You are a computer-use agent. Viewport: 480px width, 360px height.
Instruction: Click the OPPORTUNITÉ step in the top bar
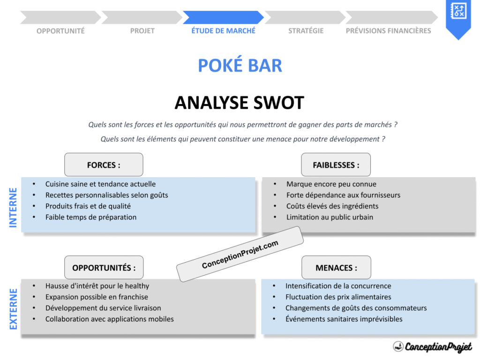coord(60,31)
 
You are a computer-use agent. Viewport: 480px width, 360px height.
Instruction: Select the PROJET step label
coord(142,31)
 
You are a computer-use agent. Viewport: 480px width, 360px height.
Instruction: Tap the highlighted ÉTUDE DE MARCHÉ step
coord(224,30)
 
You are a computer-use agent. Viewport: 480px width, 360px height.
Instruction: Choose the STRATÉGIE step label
coord(306,31)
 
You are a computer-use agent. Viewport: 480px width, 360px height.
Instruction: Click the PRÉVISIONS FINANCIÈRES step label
coord(388,31)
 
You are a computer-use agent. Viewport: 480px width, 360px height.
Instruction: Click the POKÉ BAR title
coord(240,66)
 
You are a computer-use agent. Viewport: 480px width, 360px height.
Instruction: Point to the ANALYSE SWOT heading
coord(240,103)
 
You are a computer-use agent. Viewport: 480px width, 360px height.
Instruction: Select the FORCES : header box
coord(104,165)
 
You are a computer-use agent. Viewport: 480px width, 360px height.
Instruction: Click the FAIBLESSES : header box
coord(336,165)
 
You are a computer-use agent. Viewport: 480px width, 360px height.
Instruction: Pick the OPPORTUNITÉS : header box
coord(104,268)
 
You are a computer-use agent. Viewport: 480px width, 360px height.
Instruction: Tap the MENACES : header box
coord(336,268)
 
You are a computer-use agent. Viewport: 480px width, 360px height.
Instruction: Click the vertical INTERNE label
coord(13,208)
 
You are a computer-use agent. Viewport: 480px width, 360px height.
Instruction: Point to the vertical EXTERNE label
coord(13,309)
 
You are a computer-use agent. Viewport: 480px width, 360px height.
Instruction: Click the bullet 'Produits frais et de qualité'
coord(88,206)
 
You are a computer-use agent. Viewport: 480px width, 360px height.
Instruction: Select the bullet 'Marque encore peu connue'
coord(331,184)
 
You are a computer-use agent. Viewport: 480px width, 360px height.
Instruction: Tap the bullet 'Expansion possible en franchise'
coord(97,297)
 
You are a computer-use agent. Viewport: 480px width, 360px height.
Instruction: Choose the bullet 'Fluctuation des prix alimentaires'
coord(338,297)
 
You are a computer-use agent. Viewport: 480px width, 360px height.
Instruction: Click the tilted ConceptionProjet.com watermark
coord(240,255)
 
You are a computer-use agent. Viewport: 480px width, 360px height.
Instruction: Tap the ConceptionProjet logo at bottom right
coord(432,347)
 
